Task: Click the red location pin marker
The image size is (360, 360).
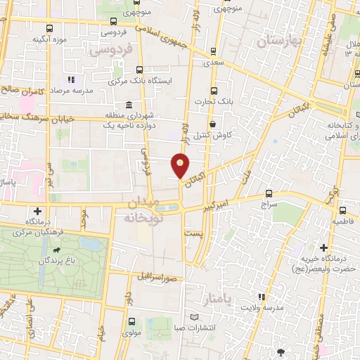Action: point(181,165)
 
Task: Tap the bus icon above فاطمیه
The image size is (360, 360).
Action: point(342,211)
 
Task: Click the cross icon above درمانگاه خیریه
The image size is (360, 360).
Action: point(323,247)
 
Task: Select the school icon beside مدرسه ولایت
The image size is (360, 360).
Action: point(261,298)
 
